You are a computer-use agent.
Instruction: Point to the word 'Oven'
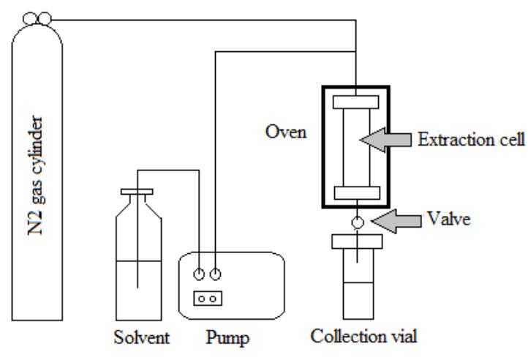point(281,135)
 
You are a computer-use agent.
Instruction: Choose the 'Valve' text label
point(447,219)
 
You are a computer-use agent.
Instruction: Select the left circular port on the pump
point(199,274)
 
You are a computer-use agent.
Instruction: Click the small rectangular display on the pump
point(207,299)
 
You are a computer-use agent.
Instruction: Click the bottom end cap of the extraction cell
point(355,194)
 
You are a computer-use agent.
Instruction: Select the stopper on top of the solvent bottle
point(137,193)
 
